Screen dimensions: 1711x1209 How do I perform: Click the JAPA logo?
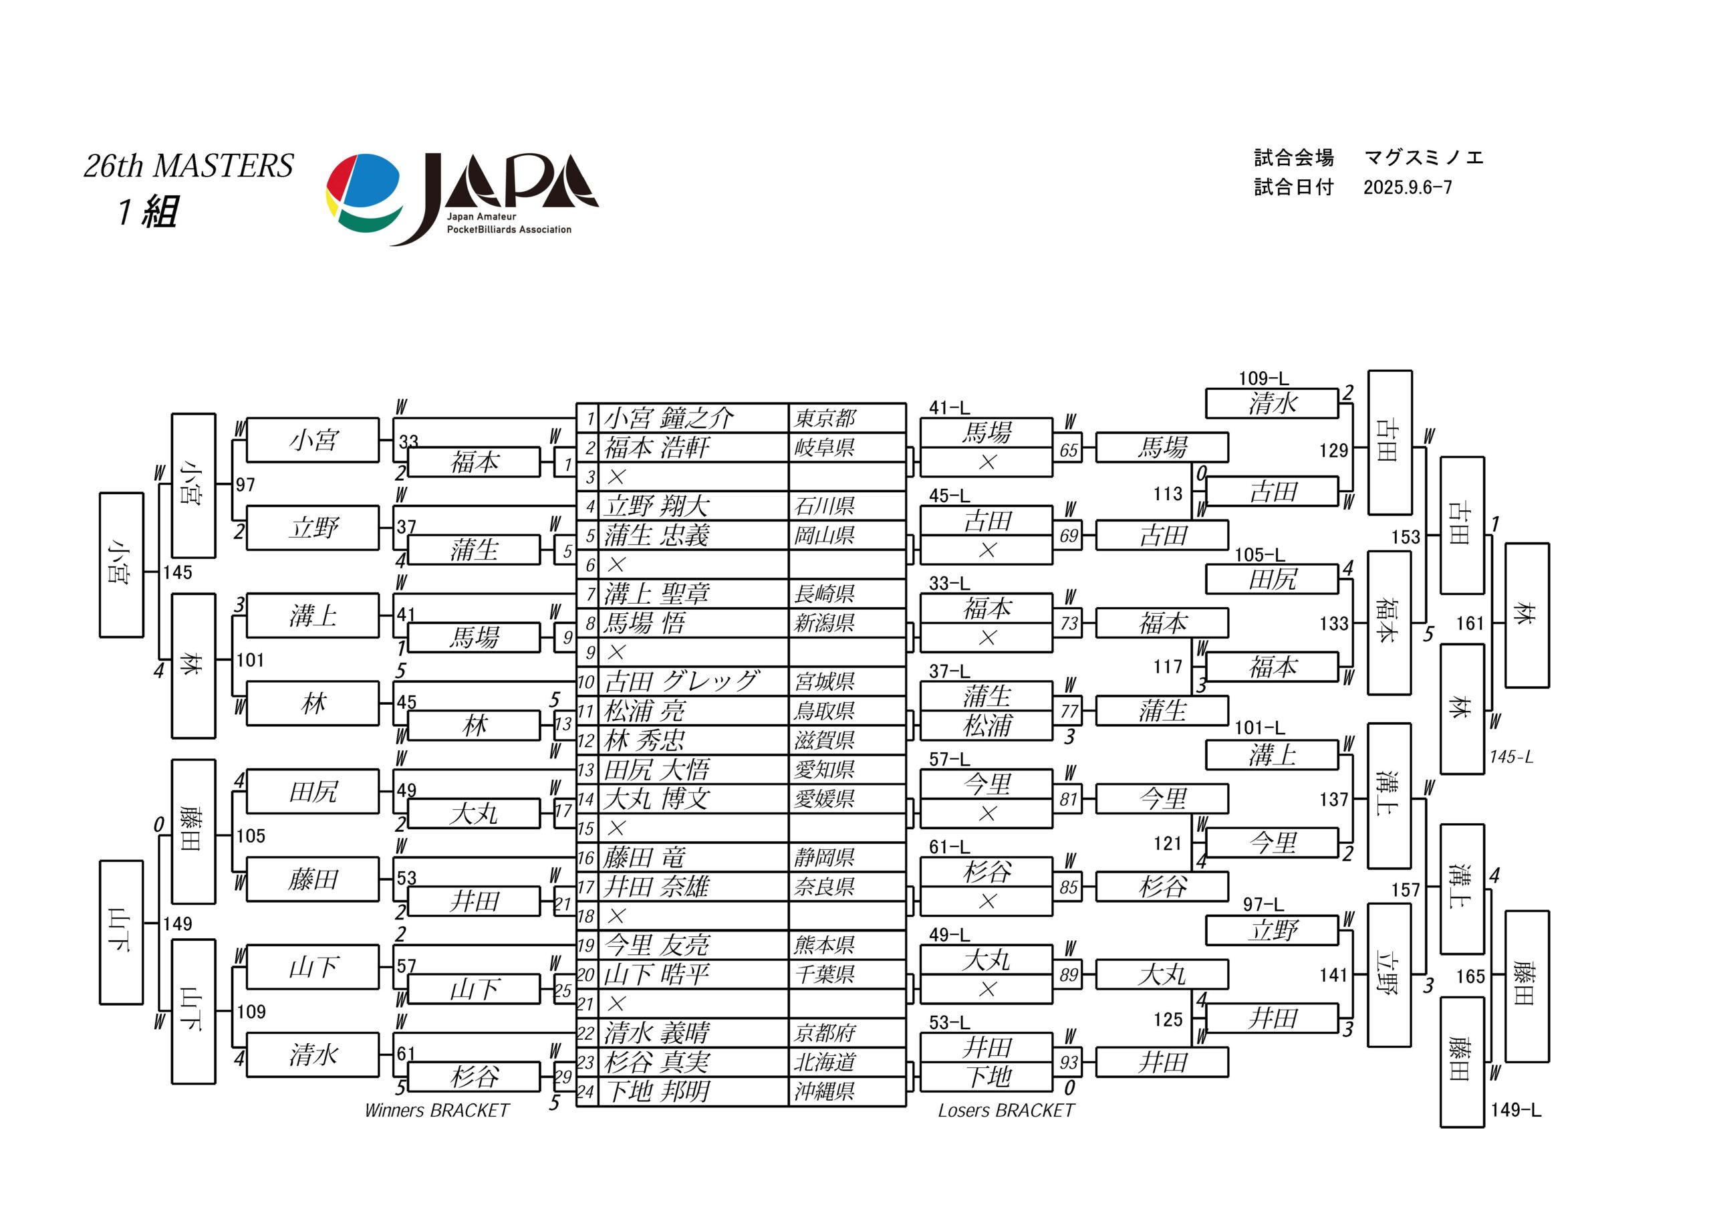tap(462, 199)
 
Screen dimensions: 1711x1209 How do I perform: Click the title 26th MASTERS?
tap(188, 165)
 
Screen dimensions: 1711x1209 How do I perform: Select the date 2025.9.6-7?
tap(1408, 187)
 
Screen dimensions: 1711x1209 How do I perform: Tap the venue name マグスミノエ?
tap(1424, 158)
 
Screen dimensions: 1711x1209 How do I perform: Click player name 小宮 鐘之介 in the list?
tap(668, 418)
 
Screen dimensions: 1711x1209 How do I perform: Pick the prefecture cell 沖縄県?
tap(824, 1092)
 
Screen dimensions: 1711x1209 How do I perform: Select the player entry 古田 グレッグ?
tap(681, 681)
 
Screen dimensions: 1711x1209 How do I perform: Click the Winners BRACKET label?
tap(436, 1111)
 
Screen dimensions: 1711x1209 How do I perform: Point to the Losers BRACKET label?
tap(1006, 1111)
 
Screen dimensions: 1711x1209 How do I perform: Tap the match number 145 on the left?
tap(177, 572)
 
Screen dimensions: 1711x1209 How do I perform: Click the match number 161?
tap(1470, 623)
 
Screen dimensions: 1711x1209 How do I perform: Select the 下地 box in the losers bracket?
tap(986, 1077)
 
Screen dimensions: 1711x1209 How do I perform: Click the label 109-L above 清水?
tap(1263, 378)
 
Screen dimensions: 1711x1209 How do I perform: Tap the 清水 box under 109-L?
tap(1272, 403)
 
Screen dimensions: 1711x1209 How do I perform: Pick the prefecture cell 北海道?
tap(824, 1062)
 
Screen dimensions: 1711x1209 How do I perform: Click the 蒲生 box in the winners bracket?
tap(474, 550)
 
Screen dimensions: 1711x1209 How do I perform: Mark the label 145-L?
tap(1511, 756)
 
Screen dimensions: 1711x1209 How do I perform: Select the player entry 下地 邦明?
tap(656, 1092)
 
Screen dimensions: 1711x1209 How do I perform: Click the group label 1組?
tap(148, 212)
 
